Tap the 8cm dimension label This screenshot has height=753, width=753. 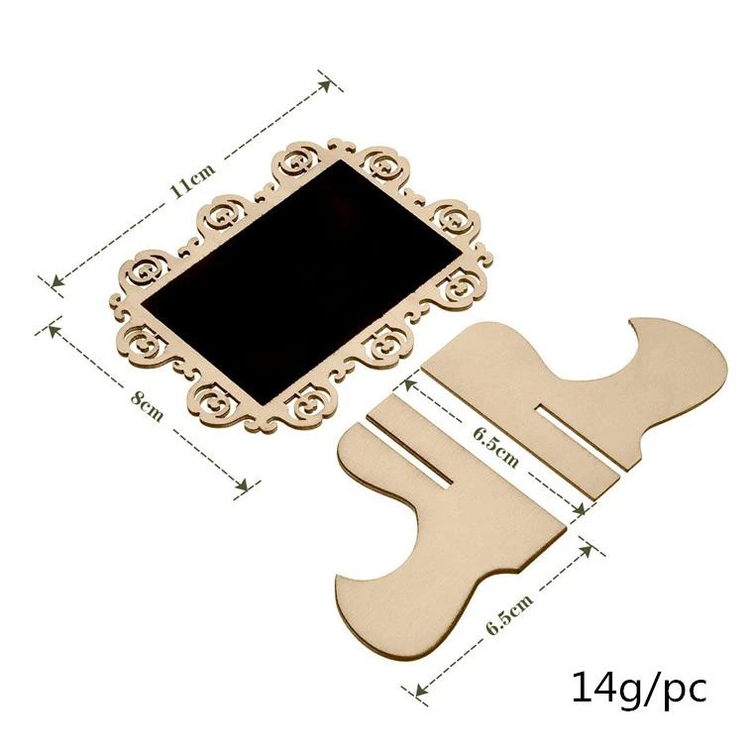[x=148, y=405]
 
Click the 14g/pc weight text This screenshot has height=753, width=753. [x=639, y=688]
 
